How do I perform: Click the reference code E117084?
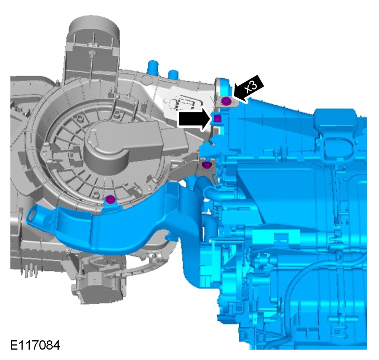point(35,345)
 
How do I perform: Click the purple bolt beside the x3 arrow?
point(226,101)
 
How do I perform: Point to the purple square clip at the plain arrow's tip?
point(217,119)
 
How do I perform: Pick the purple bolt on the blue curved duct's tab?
point(110,200)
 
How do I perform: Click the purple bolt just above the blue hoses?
point(206,165)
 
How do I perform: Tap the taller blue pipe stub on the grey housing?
point(152,66)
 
